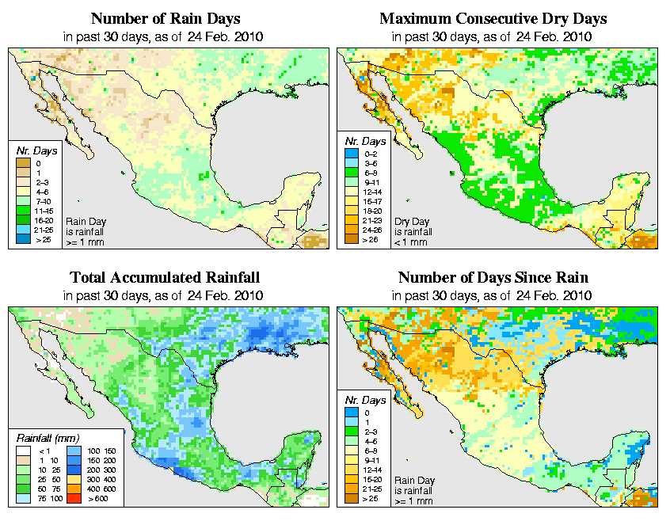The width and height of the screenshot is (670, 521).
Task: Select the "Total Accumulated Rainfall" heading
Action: [x=165, y=278]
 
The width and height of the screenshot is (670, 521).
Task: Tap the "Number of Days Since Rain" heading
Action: [x=493, y=278]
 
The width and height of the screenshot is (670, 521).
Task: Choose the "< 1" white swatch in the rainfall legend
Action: [x=24, y=450]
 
